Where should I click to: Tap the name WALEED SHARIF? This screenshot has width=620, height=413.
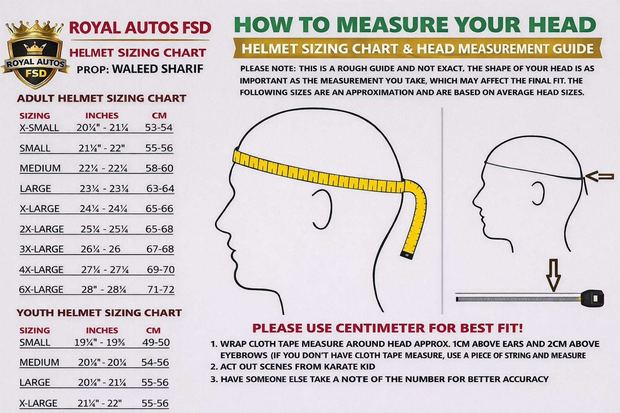157,69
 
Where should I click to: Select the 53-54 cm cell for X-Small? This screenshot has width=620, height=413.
159,127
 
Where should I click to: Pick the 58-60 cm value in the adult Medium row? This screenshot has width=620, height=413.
159,168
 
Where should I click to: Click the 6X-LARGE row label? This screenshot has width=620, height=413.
41,289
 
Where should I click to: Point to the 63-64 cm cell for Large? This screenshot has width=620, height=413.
160,188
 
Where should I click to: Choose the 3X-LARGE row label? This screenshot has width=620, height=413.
42,249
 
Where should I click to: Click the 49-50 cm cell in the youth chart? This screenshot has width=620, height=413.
156,342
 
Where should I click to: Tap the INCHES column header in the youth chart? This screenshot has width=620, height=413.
102,330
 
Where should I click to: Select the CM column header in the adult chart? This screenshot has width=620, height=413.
159,115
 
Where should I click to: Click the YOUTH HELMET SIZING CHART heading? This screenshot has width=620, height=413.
99,313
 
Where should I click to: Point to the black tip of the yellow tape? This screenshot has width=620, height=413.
407,255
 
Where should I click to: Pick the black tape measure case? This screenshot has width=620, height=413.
593,298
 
